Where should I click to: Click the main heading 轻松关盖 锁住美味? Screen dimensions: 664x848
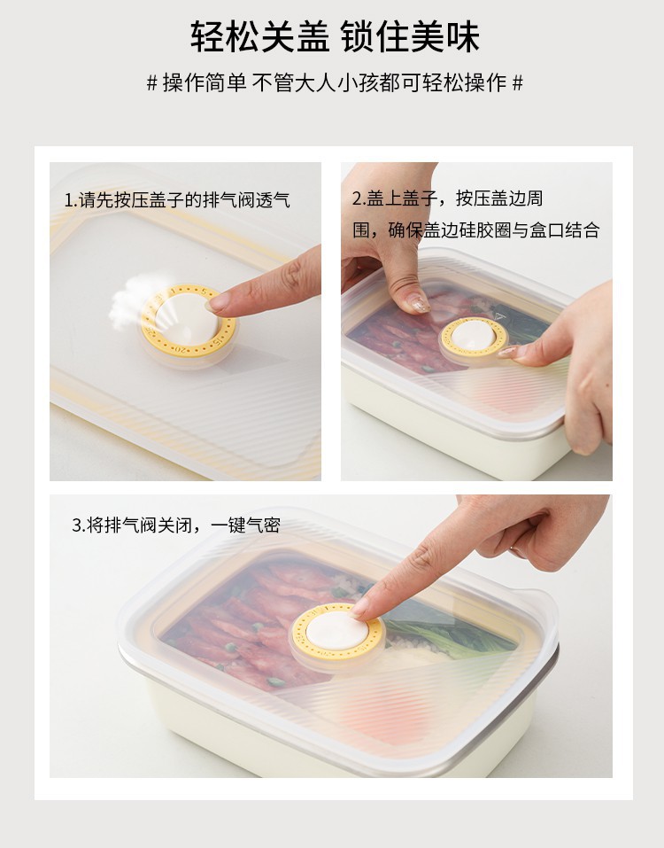[335, 37]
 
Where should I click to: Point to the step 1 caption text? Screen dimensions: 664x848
[177, 200]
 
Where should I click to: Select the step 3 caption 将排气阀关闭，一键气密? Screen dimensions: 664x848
[176, 525]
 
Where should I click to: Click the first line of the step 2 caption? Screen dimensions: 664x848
[447, 198]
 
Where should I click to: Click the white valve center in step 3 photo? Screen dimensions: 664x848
[337, 631]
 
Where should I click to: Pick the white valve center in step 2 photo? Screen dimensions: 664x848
[474, 336]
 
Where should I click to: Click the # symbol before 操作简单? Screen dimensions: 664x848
[151, 83]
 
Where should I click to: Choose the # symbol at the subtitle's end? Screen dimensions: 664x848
[518, 83]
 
